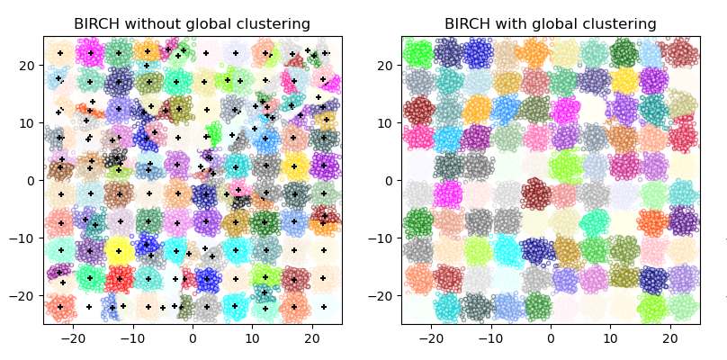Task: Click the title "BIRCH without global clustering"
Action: point(192,23)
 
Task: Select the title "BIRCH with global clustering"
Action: point(550,23)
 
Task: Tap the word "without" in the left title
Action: point(154,23)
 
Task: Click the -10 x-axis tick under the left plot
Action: point(131,338)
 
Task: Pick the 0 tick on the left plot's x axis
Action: point(193,338)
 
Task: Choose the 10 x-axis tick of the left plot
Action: point(252,338)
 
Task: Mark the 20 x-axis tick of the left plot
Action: point(311,338)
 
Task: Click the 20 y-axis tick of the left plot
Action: point(28,65)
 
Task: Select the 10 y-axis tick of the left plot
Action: point(28,122)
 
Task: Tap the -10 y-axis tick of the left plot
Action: point(25,238)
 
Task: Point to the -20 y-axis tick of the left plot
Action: point(25,295)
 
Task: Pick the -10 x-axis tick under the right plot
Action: point(489,338)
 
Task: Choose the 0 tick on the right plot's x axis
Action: point(551,338)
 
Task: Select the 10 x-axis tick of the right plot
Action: point(610,338)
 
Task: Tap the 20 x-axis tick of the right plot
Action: point(669,338)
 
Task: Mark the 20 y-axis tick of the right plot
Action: point(386,65)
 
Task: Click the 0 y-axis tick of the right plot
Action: point(390,180)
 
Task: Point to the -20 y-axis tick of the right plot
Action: point(383,295)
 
